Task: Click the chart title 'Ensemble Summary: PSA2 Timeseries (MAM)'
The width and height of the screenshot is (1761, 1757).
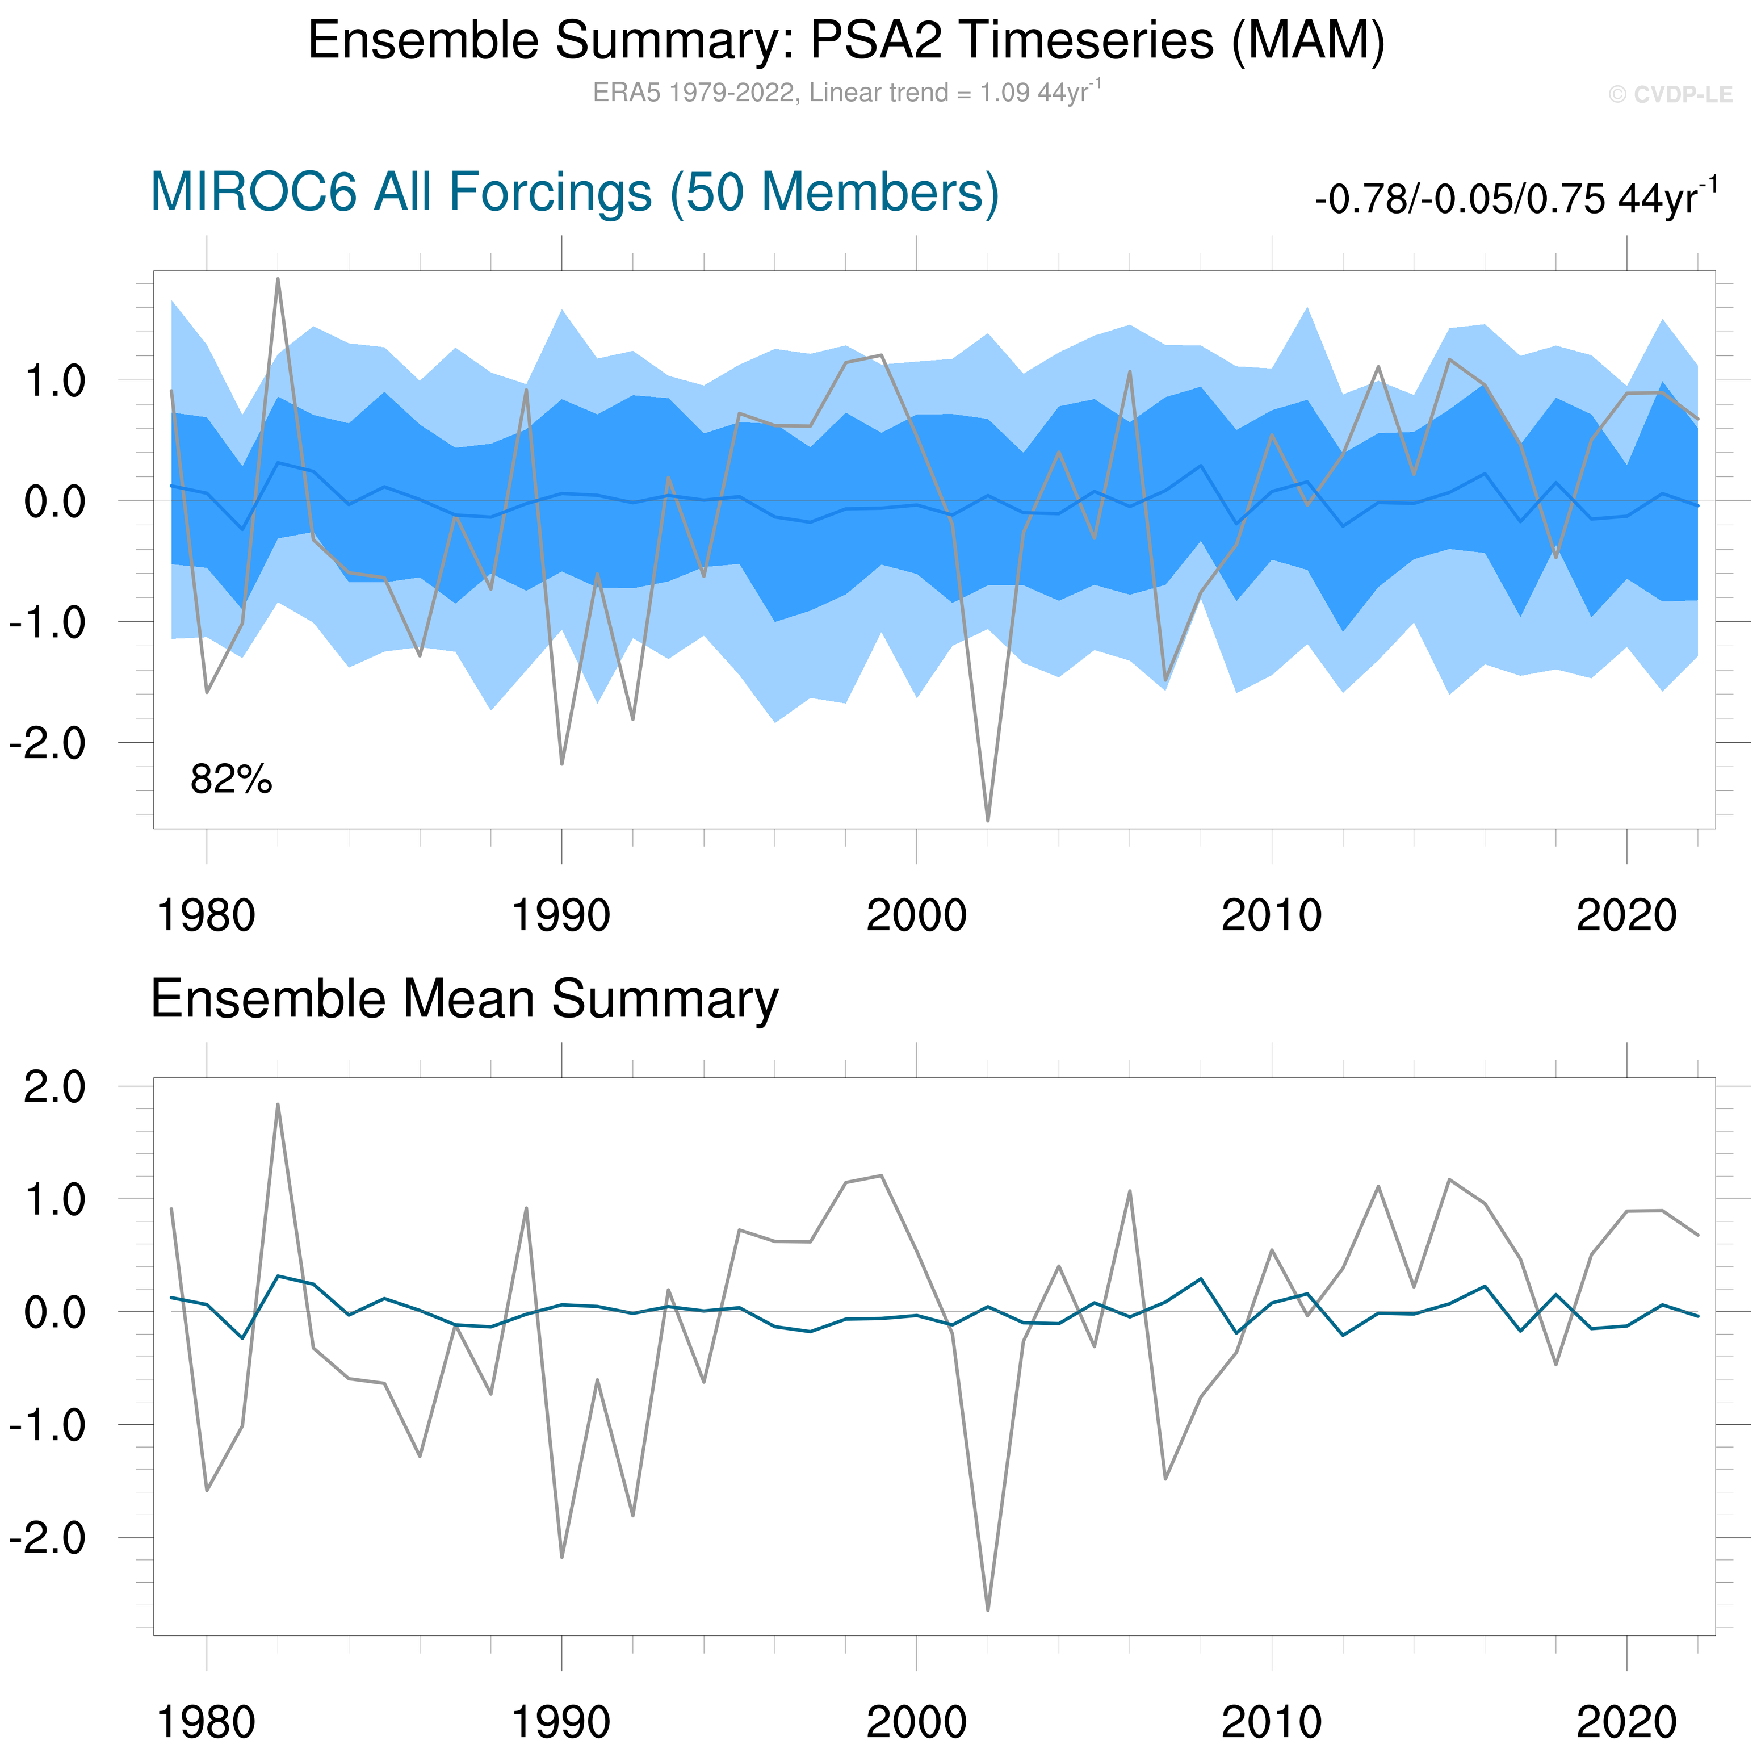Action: point(846,41)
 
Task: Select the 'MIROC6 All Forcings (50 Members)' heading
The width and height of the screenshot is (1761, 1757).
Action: point(575,193)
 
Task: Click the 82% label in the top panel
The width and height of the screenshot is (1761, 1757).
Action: point(230,780)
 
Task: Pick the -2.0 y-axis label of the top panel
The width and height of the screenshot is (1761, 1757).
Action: point(47,743)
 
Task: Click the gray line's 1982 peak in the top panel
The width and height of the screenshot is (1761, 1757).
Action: point(278,279)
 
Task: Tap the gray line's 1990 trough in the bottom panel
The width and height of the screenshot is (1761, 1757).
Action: point(561,1557)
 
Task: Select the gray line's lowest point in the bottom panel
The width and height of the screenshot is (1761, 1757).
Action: point(988,1609)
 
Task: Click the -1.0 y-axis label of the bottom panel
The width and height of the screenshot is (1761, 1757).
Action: point(47,1425)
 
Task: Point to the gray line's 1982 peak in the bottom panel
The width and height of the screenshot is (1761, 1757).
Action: point(278,1104)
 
